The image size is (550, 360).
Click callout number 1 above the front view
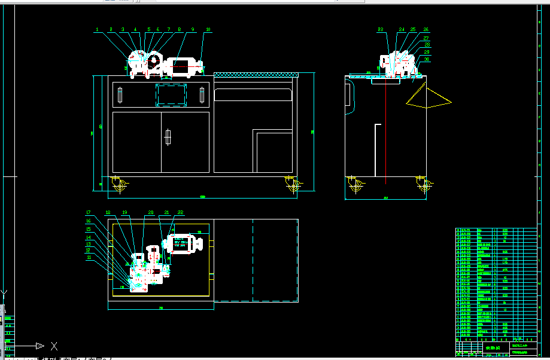point(97,29)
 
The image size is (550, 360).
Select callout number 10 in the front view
point(208,29)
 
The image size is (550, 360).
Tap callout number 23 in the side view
point(381,29)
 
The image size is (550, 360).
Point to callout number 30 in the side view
point(427,59)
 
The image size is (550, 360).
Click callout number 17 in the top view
point(88,212)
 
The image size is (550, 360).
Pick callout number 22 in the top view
point(180,212)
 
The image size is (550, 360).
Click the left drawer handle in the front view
point(120,95)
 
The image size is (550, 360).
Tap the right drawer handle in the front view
point(202,95)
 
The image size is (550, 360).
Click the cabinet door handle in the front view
point(168,137)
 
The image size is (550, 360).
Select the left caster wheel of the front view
point(119,187)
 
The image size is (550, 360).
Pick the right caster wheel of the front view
point(292,187)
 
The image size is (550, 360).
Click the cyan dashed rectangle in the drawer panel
point(171,95)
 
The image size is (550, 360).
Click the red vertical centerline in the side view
point(386,132)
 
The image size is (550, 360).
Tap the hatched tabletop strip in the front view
point(256,75)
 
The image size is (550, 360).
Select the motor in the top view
point(185,245)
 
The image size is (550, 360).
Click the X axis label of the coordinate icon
point(54,346)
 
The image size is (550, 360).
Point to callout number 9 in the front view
point(193,29)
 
